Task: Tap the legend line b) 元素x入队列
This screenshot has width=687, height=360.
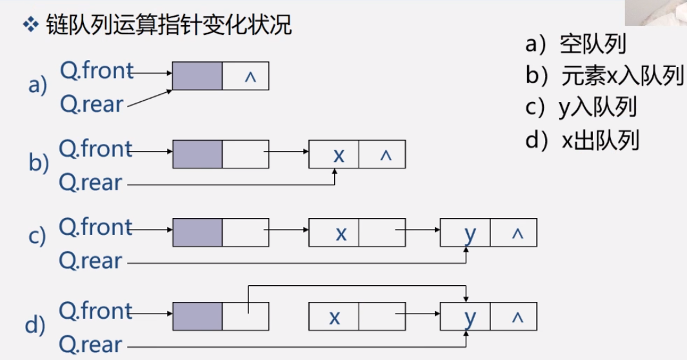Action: tap(604, 75)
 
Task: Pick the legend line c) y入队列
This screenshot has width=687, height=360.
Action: tap(581, 107)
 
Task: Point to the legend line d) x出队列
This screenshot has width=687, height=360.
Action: tap(582, 139)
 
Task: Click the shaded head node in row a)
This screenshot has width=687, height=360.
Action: tap(197, 76)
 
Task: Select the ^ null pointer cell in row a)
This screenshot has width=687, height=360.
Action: tap(246, 76)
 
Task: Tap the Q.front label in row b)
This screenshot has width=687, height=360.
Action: tap(95, 149)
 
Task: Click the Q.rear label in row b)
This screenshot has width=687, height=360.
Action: tap(90, 183)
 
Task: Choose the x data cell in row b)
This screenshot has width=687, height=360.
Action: tap(334, 154)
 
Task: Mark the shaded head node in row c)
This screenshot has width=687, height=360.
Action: tap(197, 233)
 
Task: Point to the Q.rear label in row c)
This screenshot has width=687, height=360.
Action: tap(90, 261)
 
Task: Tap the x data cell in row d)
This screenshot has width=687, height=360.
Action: tap(334, 317)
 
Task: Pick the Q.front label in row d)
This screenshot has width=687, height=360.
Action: tap(95, 311)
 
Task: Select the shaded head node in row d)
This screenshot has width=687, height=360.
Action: tap(197, 317)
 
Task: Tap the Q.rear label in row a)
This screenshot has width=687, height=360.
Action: tap(91, 104)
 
